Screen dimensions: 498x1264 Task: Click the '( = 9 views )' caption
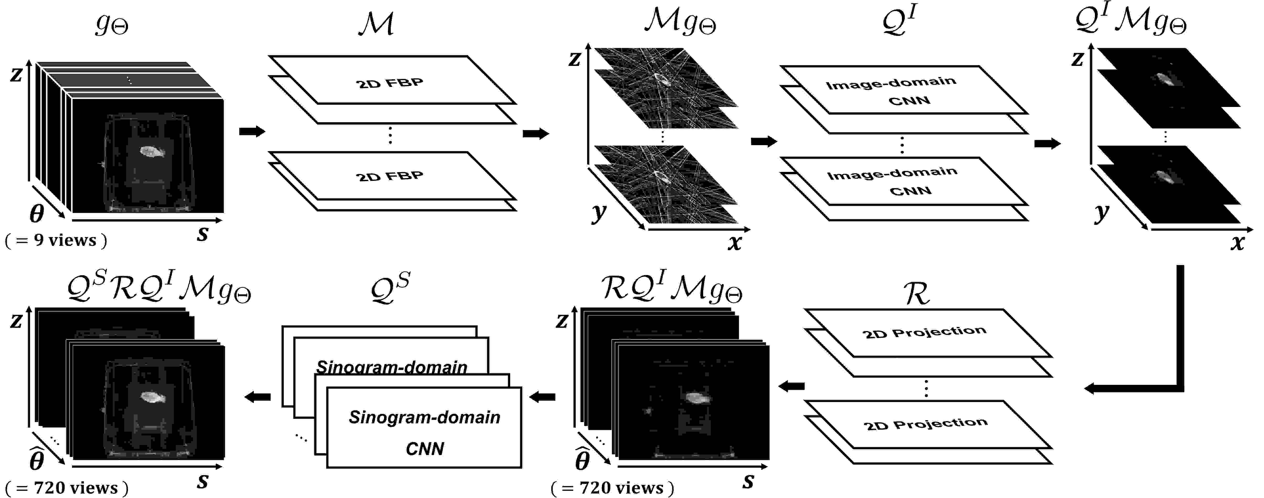point(56,240)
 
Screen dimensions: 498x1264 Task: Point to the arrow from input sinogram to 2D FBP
point(252,132)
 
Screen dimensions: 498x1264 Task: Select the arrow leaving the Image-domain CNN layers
point(1047,144)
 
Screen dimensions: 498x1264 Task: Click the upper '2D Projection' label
point(924,332)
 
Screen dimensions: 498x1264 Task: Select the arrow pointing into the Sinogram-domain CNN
point(542,397)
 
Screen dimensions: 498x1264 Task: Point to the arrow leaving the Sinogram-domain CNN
point(258,397)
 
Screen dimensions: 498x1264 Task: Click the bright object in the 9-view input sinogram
point(152,152)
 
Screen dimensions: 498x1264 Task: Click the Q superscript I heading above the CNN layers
point(899,22)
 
